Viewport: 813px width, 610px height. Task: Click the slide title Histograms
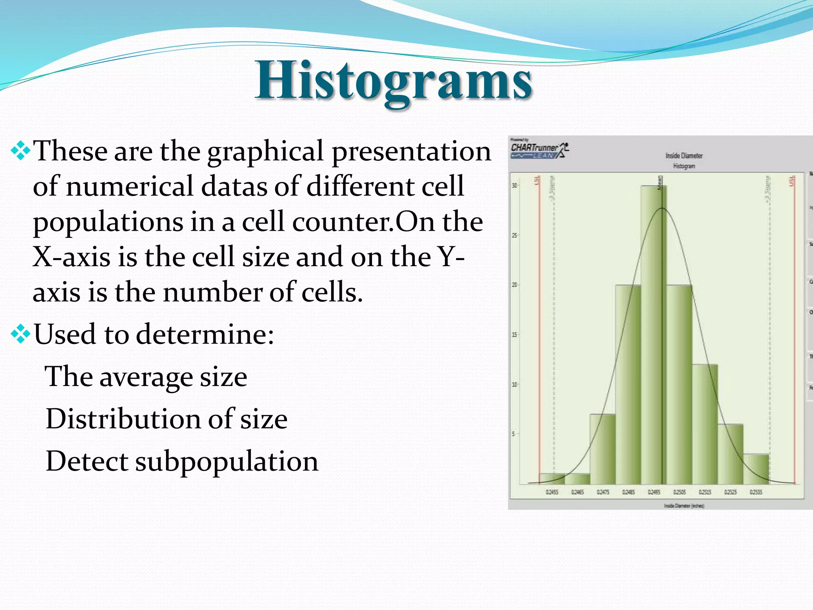pyautogui.click(x=393, y=81)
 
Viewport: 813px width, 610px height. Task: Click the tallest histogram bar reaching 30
pyautogui.click(x=653, y=334)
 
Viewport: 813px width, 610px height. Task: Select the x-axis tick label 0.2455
pyautogui.click(x=552, y=492)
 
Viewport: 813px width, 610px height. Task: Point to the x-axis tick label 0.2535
pyautogui.click(x=756, y=492)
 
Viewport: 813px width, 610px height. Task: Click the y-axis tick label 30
pyautogui.click(x=514, y=185)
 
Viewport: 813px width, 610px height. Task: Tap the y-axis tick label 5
pyautogui.click(x=513, y=434)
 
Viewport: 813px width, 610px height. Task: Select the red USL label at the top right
pyautogui.click(x=792, y=181)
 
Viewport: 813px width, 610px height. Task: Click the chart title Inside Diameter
pyautogui.click(x=684, y=156)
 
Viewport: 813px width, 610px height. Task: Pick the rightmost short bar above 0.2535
pyautogui.click(x=756, y=469)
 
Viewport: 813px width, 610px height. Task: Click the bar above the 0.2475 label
pyautogui.click(x=603, y=449)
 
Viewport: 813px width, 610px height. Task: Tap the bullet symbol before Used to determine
pyautogui.click(x=20, y=334)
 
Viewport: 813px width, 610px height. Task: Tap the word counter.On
pyautogui.click(x=363, y=222)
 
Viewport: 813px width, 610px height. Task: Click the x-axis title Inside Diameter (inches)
pyautogui.click(x=684, y=506)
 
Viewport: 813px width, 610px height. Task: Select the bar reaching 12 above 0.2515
pyautogui.click(x=705, y=424)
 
